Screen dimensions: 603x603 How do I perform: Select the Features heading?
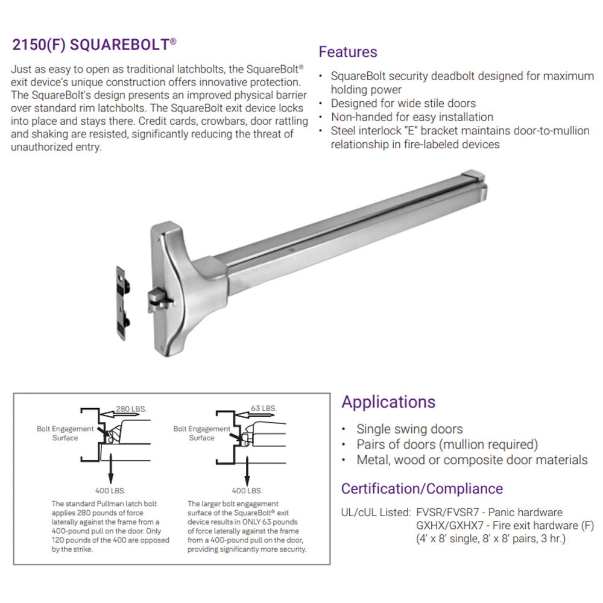348,52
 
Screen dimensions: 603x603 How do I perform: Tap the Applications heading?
388,402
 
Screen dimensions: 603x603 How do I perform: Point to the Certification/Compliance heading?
422,488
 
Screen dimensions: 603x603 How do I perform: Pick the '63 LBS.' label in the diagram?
264,408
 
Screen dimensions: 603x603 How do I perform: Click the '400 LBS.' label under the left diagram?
110,491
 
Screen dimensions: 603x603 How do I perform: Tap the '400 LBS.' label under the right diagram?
247,491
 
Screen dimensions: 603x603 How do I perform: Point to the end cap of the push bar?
474,180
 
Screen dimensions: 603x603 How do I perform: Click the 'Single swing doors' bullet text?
409,429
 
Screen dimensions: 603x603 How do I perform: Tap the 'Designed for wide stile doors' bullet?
403,103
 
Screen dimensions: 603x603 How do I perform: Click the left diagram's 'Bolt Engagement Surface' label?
65,433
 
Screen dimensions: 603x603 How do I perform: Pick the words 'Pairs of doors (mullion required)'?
447,444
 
